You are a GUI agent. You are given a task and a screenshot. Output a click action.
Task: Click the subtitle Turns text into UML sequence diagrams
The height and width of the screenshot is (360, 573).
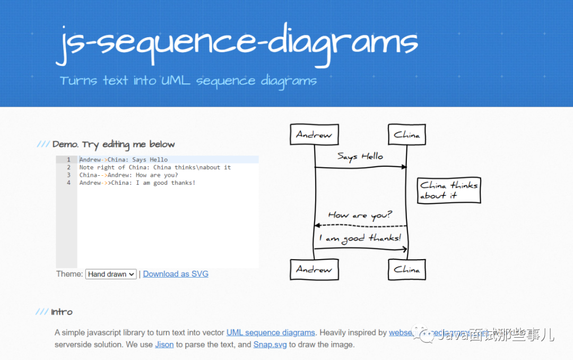point(188,81)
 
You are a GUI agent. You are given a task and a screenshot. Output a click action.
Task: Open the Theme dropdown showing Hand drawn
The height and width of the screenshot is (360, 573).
point(111,274)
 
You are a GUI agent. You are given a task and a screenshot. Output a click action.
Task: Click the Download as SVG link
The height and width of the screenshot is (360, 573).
point(176,274)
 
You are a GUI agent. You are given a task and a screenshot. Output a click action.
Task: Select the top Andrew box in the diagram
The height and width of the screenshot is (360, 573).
point(314,134)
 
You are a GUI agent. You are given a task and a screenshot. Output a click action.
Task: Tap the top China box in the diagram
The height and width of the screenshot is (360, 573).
point(406,134)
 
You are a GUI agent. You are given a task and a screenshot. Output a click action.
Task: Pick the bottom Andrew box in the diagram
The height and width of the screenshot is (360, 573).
point(314,269)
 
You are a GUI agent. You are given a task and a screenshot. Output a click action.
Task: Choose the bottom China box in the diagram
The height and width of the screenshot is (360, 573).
point(406,269)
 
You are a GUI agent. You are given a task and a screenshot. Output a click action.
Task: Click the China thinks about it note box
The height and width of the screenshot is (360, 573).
point(449,190)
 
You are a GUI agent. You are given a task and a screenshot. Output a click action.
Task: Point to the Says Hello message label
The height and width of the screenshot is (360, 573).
point(360,157)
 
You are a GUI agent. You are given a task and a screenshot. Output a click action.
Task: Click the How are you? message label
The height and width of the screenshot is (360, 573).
point(360,215)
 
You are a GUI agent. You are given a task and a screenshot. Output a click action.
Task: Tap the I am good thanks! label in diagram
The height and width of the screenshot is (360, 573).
point(360,238)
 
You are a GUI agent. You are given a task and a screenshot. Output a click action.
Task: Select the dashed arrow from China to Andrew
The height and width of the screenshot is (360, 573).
point(360,226)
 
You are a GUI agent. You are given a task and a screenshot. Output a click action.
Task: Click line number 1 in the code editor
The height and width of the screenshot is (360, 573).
point(68,160)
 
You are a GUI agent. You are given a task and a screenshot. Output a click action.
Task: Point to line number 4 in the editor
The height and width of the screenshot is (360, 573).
point(68,183)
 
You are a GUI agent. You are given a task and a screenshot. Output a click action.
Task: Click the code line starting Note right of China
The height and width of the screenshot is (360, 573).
point(155,167)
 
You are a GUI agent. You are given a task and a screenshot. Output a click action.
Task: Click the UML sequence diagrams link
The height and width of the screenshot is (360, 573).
point(271,332)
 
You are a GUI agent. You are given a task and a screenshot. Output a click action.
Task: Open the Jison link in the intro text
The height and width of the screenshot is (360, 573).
point(164,345)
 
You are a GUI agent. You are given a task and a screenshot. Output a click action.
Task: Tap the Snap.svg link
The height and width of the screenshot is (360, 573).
point(270,345)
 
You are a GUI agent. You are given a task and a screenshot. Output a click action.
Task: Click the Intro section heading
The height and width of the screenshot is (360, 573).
point(62,312)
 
